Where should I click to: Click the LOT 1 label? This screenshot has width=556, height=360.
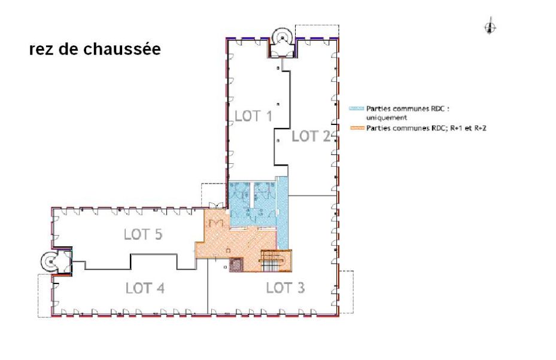point(254,116)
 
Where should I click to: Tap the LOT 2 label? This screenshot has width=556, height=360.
point(311,136)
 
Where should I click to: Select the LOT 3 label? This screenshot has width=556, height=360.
point(285,288)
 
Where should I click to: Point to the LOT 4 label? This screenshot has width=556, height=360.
point(145,288)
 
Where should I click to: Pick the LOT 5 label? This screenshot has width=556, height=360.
point(143,234)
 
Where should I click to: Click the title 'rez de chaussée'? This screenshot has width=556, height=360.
point(95,50)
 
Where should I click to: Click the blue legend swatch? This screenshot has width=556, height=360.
point(356,109)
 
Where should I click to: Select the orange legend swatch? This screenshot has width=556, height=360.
point(356,128)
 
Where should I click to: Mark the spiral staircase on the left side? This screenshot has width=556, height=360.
point(50,260)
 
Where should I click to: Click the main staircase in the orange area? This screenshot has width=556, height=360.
point(276,261)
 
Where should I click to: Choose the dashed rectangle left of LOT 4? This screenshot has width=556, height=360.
point(45,295)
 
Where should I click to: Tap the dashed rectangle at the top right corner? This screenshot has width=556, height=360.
point(323,31)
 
